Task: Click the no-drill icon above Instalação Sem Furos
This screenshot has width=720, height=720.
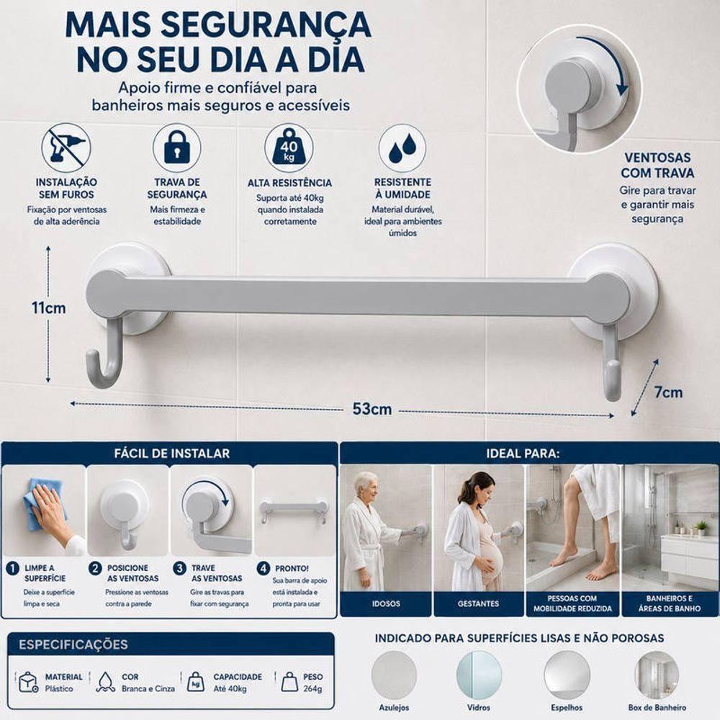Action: [x=66, y=148]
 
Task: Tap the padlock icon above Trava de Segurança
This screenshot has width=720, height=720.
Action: [x=177, y=148]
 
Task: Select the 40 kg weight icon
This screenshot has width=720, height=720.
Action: [x=289, y=148]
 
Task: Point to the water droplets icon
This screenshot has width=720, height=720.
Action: [x=402, y=148]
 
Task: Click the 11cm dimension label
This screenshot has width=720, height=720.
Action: [x=49, y=307]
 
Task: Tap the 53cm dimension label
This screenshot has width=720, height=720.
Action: [x=372, y=409]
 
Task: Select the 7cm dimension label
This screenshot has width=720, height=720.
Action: [x=668, y=392]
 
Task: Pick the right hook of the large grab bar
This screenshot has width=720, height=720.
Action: [x=612, y=363]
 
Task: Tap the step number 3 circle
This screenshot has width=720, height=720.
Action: [x=179, y=569]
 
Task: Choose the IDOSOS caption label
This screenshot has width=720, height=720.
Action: [x=386, y=604]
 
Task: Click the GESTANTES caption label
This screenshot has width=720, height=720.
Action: [x=478, y=604]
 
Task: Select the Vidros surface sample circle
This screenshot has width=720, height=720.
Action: [x=479, y=674]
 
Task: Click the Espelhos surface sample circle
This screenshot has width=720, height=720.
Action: [x=567, y=674]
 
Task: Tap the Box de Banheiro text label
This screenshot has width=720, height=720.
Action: [x=657, y=708]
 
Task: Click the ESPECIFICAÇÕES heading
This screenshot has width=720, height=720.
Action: [x=73, y=644]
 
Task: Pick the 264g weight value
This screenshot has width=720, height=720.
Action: [x=312, y=689]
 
